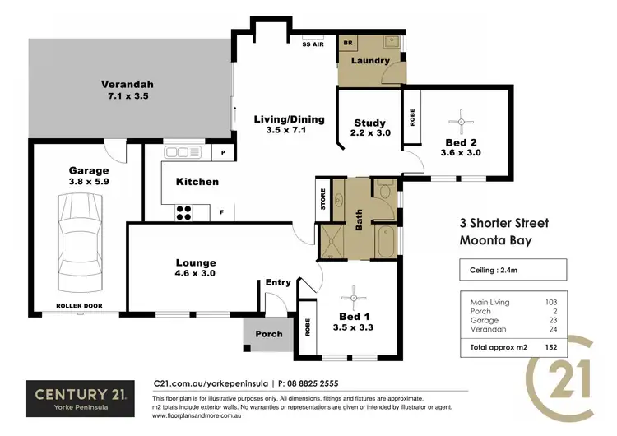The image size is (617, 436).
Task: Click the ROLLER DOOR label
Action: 78,305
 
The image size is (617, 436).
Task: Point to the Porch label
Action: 269,334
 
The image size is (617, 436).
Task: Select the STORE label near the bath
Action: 323,200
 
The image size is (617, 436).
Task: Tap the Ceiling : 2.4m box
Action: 512,270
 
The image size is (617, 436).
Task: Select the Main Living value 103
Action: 551,302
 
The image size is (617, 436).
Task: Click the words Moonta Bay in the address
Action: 495,240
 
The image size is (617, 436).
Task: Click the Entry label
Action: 278,282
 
